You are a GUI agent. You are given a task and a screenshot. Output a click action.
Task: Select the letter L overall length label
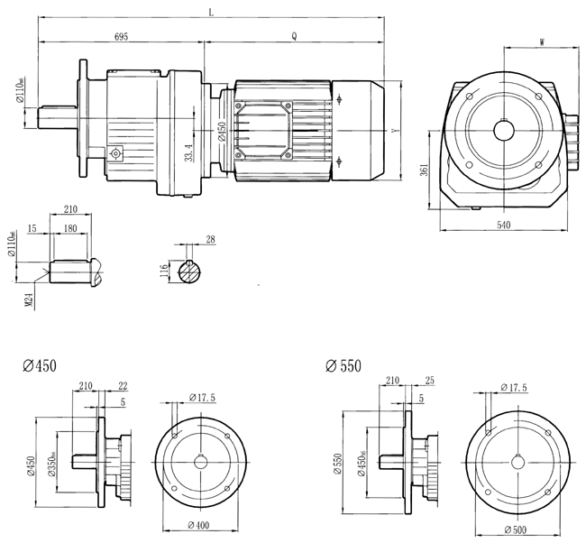tap(210, 13)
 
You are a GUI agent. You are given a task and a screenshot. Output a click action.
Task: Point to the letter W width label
tap(540, 41)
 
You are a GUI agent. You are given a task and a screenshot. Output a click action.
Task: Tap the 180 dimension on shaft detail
tap(69, 230)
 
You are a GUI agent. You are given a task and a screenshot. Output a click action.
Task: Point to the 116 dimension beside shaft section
tap(165, 271)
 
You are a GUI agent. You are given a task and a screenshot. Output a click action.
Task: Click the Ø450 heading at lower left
tap(40, 366)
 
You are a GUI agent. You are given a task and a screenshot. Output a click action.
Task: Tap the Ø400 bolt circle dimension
tap(198, 525)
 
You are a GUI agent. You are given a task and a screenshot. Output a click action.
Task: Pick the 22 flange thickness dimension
tap(123, 385)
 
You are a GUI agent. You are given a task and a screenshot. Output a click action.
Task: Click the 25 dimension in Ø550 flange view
tap(429, 382)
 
